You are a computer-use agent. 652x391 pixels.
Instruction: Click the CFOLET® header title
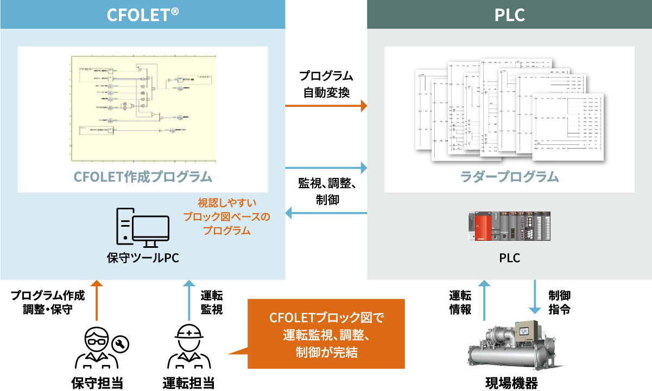[143, 14]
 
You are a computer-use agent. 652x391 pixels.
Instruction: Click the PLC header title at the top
[509, 15]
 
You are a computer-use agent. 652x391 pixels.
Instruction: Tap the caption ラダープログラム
[509, 177]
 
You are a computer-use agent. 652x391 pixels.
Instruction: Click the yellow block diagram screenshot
[143, 108]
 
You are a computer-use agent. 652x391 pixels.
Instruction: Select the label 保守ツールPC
[143, 258]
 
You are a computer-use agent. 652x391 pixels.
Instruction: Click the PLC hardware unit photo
[509, 227]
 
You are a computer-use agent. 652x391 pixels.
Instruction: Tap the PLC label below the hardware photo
[509, 258]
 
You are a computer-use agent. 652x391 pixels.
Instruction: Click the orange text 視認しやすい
[226, 203]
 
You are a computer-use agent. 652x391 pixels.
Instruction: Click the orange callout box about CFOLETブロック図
[326, 334]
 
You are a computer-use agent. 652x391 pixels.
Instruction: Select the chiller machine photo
[516, 346]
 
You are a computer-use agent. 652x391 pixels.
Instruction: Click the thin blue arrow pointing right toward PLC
[326, 170]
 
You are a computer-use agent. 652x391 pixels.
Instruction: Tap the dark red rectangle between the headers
[326, 42]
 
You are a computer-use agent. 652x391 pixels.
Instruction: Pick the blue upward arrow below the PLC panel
[484, 299]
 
